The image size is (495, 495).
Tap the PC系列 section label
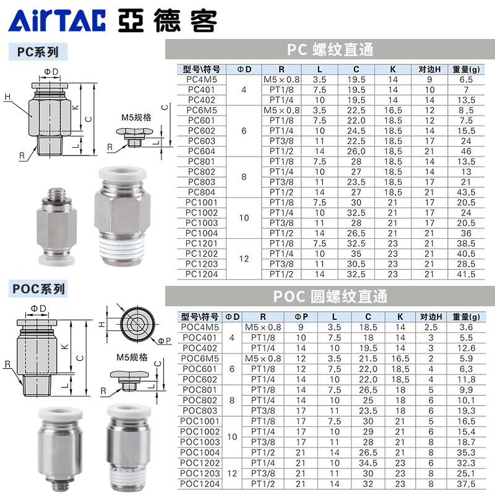[38, 53]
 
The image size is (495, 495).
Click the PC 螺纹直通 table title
[330, 49]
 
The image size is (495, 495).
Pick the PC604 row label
[201, 150]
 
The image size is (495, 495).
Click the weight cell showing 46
[466, 150]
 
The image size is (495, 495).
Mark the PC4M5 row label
[201, 79]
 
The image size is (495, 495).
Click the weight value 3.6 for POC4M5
[466, 327]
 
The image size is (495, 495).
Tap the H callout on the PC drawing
[7, 96]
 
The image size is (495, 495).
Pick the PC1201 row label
[201, 243]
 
